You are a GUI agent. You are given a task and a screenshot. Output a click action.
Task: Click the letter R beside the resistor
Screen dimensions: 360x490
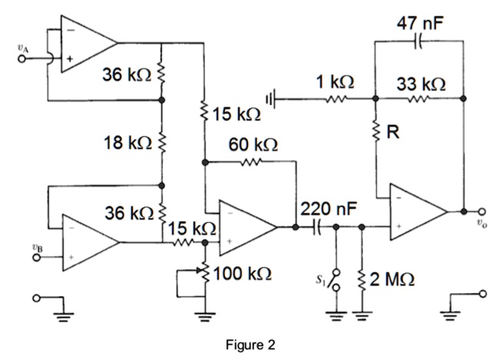[x=392, y=133]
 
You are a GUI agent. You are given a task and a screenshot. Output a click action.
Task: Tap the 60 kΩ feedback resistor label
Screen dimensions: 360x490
[x=251, y=145]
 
